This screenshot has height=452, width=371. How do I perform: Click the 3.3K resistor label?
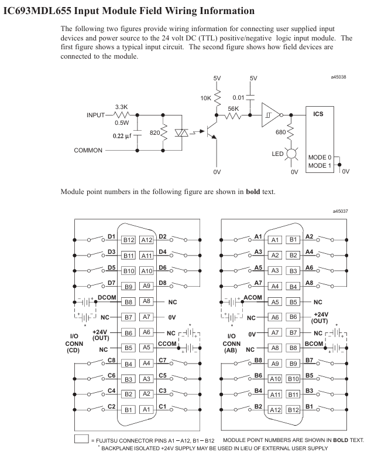click(x=122, y=107)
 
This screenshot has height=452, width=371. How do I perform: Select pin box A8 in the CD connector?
click(x=149, y=300)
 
